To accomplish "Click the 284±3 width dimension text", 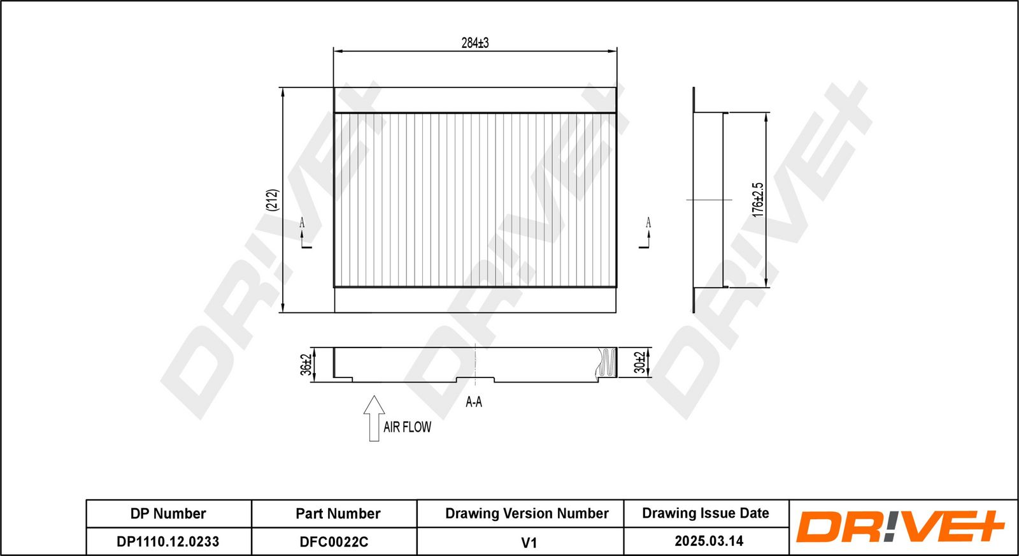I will coord(475,43).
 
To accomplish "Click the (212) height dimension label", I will coord(272,200).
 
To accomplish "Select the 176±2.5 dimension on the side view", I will coord(757,200).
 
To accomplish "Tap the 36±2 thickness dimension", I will coord(306,365).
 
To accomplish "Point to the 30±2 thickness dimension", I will coord(639,362).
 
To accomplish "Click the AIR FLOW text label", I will coord(407,427).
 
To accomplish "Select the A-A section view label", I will coord(474,402).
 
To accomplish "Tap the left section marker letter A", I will coord(302,223).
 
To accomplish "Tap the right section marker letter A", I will coord(648,222).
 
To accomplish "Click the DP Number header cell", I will coord(168,513).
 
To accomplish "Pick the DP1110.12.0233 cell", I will coord(168,541).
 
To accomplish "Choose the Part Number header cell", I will coord(338,513).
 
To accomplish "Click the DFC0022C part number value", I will coord(334,541).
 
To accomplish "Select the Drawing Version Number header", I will coord(527,513).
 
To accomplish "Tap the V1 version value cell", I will coord(529,542).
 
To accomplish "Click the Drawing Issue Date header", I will coord(705,513).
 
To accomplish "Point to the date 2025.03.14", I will coord(709,541).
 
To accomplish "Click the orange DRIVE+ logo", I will coord(899,527).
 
